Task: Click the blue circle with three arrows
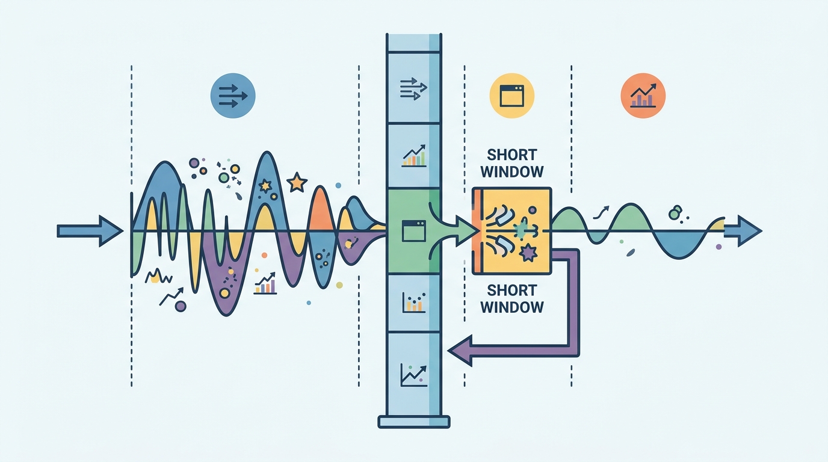tap(232, 96)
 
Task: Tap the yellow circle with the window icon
tap(511, 96)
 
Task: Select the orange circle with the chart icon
tap(643, 96)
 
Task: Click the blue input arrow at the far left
tap(90, 232)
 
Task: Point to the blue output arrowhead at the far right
tap(749, 232)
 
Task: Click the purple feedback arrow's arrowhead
tap(460, 350)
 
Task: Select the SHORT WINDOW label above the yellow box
tap(512, 163)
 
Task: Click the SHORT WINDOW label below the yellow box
tap(512, 298)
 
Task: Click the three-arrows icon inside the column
tap(413, 88)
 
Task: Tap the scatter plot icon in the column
tap(413, 302)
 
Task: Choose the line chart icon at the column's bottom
tap(413, 375)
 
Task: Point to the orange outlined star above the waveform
tap(297, 182)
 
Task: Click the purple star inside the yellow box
tap(528, 253)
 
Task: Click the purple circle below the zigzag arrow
tap(181, 306)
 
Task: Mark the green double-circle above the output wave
tap(675, 212)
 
